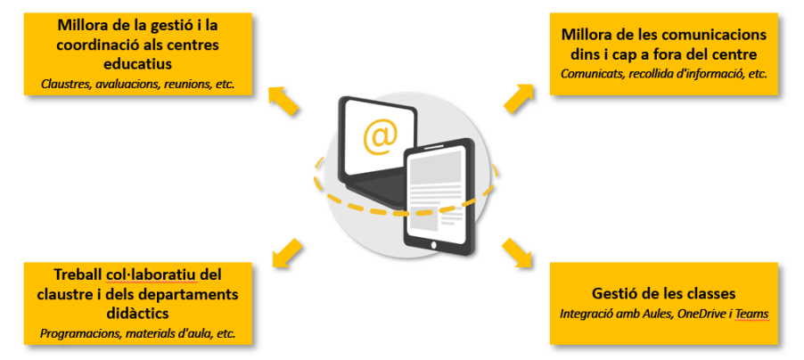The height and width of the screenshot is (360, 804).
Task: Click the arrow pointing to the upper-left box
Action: click(283, 98)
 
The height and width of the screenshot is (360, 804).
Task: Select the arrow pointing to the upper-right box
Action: click(519, 97)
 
